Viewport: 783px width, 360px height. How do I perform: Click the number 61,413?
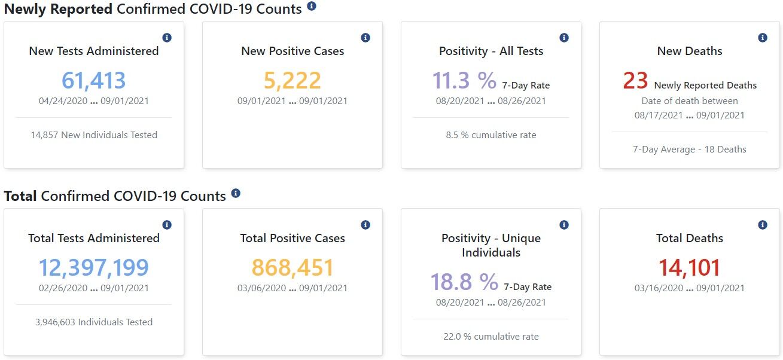pos(94,81)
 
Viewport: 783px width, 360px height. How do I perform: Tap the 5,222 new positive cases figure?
pos(293,81)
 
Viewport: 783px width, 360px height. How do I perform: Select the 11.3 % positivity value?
pos(464,81)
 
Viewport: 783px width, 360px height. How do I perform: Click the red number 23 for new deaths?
pos(635,81)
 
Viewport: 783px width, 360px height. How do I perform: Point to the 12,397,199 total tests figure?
pos(94,268)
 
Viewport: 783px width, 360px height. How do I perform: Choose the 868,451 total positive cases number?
pos(293,268)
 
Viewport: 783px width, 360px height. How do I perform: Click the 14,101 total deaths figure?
pos(690,268)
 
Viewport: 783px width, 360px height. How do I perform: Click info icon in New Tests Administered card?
pos(167,38)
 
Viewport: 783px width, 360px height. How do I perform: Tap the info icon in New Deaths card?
pos(763,38)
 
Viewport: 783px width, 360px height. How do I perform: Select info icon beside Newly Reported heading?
pos(312,7)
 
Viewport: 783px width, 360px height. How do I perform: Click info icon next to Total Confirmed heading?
pos(236,193)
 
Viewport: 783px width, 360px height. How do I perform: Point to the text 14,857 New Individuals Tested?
pos(94,135)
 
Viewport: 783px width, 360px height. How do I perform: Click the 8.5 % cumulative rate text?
pos(491,135)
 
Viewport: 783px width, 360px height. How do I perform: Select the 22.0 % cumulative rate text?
pos(491,337)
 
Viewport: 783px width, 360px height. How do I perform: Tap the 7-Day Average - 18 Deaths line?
pos(690,150)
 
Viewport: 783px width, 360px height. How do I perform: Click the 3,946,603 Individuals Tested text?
pos(94,322)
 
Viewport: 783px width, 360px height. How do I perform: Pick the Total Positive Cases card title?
pos(293,238)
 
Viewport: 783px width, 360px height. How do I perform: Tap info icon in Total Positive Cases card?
pos(365,225)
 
